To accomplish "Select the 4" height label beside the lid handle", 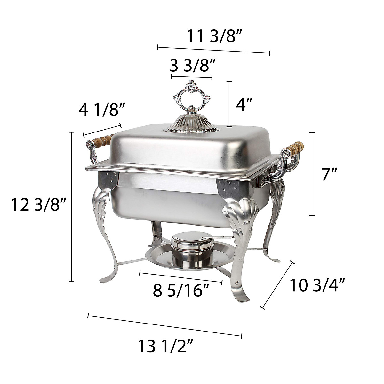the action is click(244, 104).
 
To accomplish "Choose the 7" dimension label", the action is click(330, 174).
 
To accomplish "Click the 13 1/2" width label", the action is click(165, 346).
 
